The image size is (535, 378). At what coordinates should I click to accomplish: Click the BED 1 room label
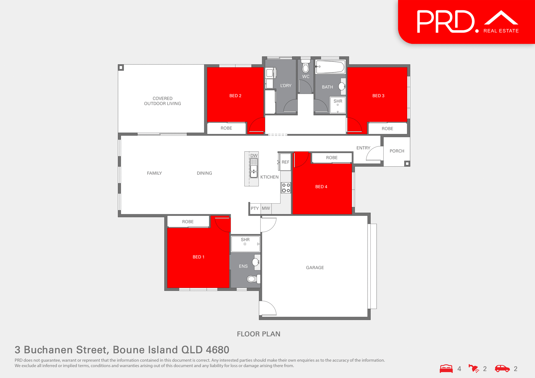click(198, 257)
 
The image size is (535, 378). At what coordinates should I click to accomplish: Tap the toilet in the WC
click(306, 67)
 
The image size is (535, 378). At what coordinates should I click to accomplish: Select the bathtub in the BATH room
click(330, 67)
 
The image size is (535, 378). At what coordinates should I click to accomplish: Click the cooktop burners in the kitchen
click(286, 188)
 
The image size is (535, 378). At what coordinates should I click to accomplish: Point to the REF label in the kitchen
click(285, 162)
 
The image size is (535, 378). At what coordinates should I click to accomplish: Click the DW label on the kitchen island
click(254, 156)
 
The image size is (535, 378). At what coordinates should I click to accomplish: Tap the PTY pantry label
click(255, 208)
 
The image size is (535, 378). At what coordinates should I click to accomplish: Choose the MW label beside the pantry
click(266, 208)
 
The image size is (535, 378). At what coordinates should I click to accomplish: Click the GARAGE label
click(315, 268)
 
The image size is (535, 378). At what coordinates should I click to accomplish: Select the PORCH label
click(397, 151)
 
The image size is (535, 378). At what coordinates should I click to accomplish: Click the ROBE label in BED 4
click(332, 158)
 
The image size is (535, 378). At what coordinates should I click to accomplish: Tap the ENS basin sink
click(255, 262)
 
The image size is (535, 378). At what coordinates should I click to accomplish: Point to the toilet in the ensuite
click(252, 279)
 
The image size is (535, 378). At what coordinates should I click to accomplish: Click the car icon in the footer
click(502, 369)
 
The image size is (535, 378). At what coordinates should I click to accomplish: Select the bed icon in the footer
click(446, 369)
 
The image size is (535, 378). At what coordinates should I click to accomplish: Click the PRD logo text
click(446, 22)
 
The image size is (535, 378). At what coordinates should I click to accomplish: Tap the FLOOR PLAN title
click(259, 334)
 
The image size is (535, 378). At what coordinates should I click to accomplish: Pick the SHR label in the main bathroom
click(338, 101)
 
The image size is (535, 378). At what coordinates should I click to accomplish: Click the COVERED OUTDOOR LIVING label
click(162, 101)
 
